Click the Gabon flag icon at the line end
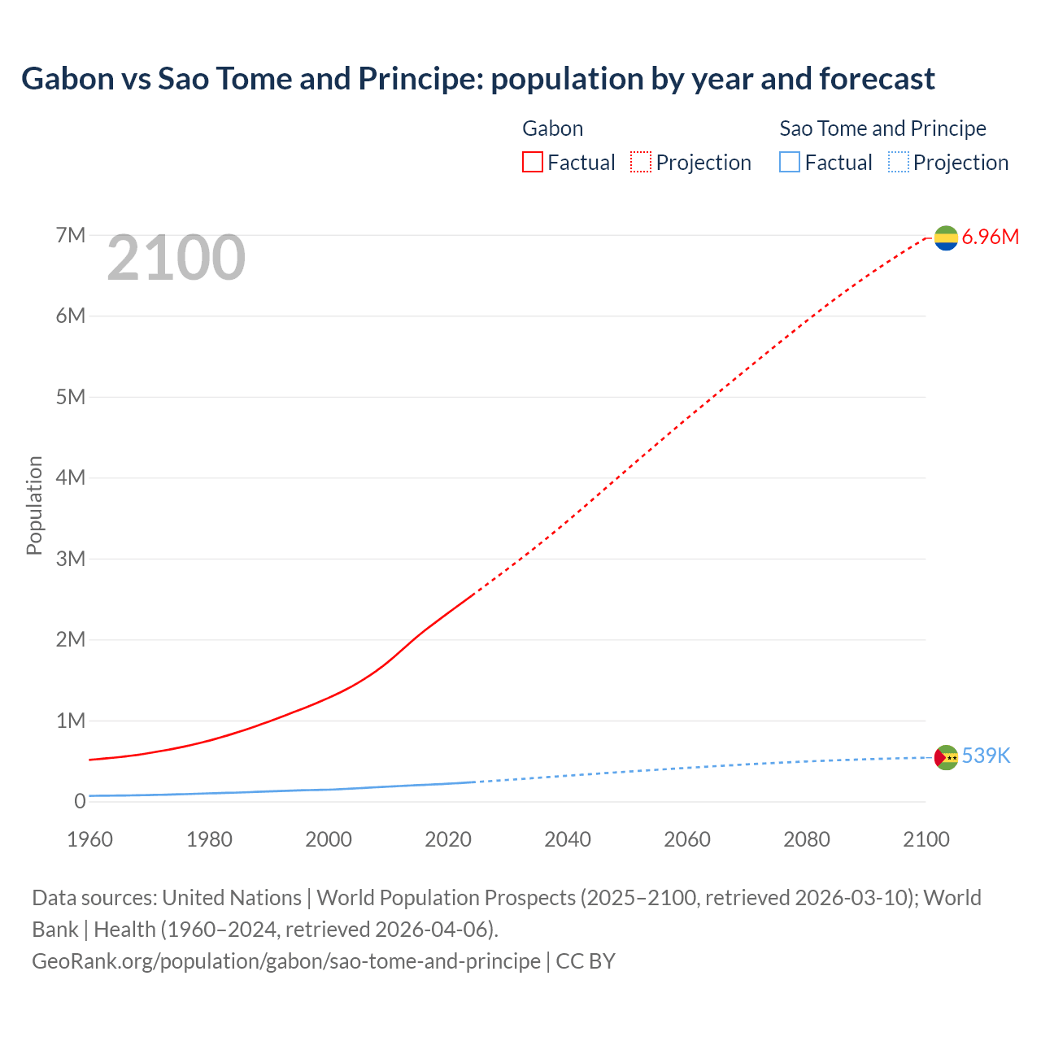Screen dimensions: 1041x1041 (946, 237)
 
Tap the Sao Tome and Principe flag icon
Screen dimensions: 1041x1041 (946, 757)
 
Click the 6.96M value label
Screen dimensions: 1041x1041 (990, 237)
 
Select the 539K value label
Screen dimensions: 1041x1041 (986, 756)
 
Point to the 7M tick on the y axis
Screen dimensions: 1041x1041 (71, 235)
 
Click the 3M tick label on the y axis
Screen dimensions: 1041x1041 (71, 559)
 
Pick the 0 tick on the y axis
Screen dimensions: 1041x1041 (80, 801)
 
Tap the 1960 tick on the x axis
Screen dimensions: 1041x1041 (89, 839)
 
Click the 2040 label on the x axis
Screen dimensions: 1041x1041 (568, 839)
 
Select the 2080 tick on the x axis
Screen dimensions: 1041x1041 (807, 839)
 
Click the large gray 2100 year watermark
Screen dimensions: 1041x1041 (176, 258)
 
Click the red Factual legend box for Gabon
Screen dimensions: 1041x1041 (533, 163)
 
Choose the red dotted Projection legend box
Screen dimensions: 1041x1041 (641, 163)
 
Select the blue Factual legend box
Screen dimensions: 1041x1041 (790, 163)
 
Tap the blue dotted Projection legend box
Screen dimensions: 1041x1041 (899, 163)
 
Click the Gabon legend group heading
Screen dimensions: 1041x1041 (552, 128)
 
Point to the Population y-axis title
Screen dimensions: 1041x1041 (34, 506)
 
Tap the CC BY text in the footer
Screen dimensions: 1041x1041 (586, 961)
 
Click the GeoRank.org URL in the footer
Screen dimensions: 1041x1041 (285, 961)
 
